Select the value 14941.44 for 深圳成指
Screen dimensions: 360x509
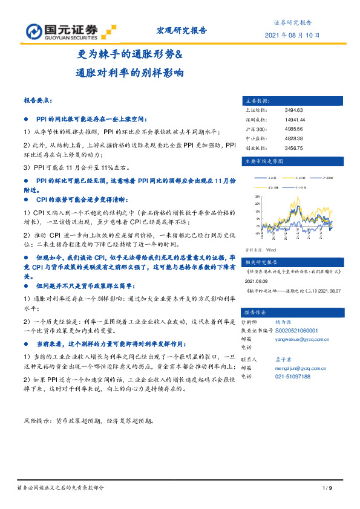[x=295, y=120]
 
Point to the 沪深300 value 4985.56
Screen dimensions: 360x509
[x=293, y=129]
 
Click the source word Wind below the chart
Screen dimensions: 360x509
[x=270, y=249]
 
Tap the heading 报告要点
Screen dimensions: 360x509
[x=38, y=100]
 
